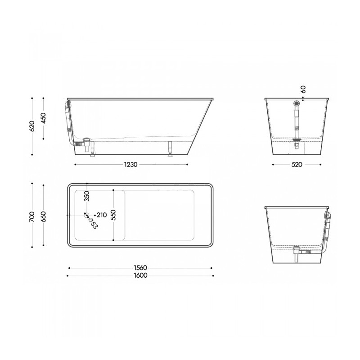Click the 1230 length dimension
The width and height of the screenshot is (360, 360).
tap(130, 165)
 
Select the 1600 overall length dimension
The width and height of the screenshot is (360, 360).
tap(140, 275)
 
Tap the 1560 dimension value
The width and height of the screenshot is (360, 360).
tap(140, 268)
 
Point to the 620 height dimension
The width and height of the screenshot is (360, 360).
tap(32, 126)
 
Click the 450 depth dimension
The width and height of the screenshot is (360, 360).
tap(44, 118)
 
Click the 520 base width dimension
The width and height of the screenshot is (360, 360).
tap(297, 165)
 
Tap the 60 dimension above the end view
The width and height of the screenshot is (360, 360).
tap(303, 89)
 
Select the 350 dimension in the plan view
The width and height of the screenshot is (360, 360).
tap(87, 196)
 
